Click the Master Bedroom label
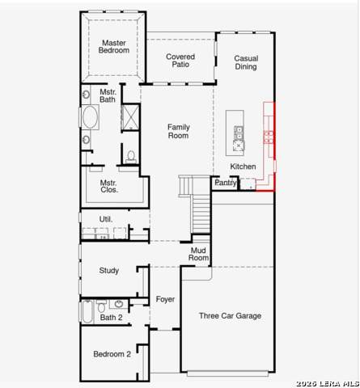click(114, 47)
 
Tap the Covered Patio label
click(180, 61)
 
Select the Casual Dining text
click(246, 62)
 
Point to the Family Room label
click(179, 131)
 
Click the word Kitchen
click(243, 167)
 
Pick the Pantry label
click(226, 183)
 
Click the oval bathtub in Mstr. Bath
click(91, 117)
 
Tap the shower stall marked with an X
click(130, 118)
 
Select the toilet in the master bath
click(131, 156)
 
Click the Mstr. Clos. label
click(108, 186)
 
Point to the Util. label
click(106, 219)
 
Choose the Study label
click(109, 271)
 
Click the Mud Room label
click(198, 254)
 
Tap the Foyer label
click(165, 299)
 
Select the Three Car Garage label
click(230, 315)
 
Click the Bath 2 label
click(111, 318)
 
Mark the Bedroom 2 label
click(112, 354)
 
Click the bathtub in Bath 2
click(87, 311)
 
